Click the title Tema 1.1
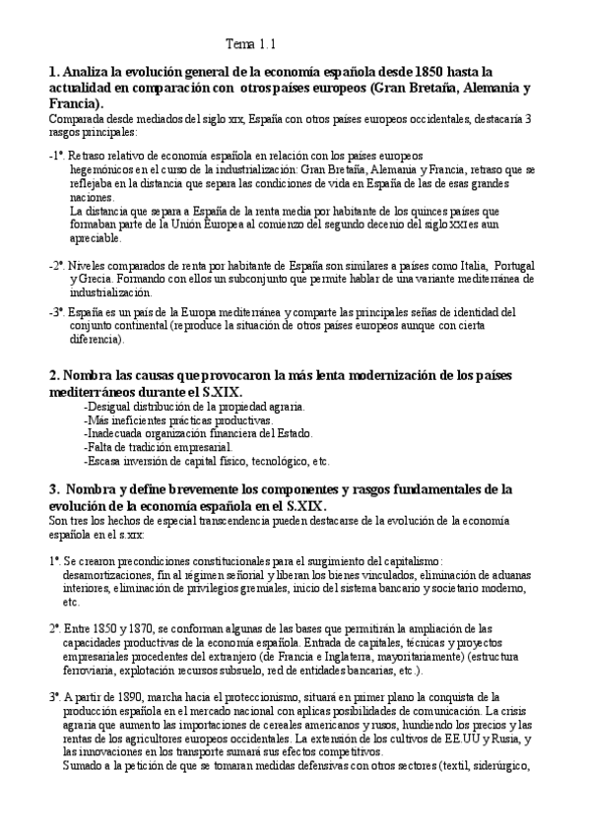click(251, 44)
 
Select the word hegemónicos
click(102, 168)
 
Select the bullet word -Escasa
click(105, 461)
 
